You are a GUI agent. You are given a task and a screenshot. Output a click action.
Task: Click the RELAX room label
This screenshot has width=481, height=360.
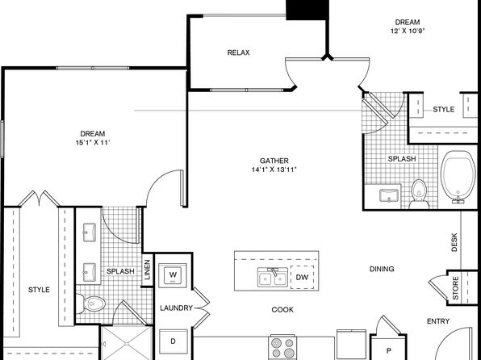click(x=238, y=52)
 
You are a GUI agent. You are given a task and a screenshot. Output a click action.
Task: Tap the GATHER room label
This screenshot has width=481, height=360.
click(x=274, y=161)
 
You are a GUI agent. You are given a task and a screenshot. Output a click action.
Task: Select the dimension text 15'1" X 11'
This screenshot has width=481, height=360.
click(x=93, y=142)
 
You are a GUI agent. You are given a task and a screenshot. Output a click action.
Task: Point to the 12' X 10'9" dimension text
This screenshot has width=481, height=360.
click(x=408, y=31)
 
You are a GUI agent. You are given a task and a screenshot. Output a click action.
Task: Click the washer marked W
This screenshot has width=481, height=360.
click(x=173, y=274)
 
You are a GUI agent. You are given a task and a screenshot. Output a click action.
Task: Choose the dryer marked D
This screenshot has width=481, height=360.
click(x=173, y=341)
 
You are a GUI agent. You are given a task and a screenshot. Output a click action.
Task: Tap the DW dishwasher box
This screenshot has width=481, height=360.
click(x=302, y=277)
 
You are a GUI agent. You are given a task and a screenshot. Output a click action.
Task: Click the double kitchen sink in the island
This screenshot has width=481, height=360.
click(x=273, y=278)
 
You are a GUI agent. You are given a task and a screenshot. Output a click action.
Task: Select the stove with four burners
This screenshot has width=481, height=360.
click(x=282, y=348)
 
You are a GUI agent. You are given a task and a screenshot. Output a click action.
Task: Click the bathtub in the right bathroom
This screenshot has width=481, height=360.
click(x=458, y=176)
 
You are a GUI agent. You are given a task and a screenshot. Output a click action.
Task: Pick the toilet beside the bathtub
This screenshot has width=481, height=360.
click(x=419, y=195)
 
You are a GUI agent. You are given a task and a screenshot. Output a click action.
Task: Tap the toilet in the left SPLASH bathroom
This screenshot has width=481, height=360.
click(x=91, y=303)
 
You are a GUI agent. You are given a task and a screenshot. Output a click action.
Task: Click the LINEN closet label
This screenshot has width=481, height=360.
click(x=148, y=270)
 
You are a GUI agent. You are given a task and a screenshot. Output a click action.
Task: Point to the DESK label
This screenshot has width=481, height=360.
click(x=454, y=242)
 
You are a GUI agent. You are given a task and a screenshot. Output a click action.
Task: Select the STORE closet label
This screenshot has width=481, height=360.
click(x=455, y=288)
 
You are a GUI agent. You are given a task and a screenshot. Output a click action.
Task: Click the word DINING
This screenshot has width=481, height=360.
click(x=382, y=269)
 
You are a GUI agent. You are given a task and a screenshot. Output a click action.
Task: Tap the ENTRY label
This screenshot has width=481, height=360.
click(x=438, y=321)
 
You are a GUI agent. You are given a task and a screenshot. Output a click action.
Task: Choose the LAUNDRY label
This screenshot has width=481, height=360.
click(x=177, y=308)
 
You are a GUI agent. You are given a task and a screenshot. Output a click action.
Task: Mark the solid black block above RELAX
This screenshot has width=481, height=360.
click(x=306, y=10)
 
